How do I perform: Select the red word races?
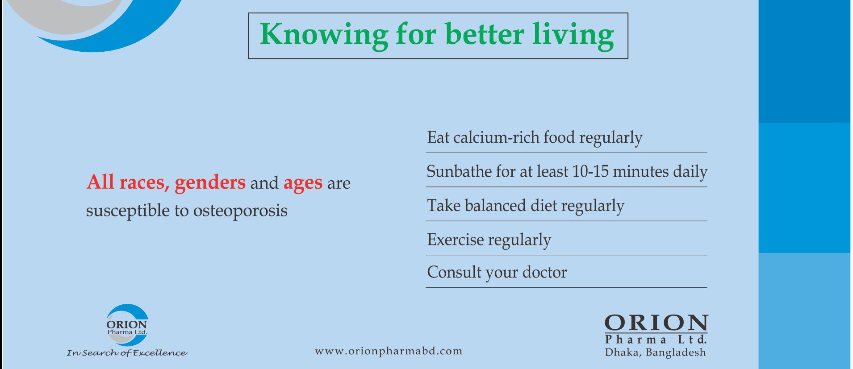tap(144, 182)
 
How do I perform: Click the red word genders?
tap(210, 183)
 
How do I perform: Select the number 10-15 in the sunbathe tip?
tap(590, 171)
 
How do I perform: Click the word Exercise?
tap(456, 240)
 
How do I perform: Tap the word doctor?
tap(544, 272)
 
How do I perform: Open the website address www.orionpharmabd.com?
tap(389, 351)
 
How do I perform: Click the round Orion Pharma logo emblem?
tap(127, 325)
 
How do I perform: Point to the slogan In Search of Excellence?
tap(127, 353)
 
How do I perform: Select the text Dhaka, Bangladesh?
tap(656, 352)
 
